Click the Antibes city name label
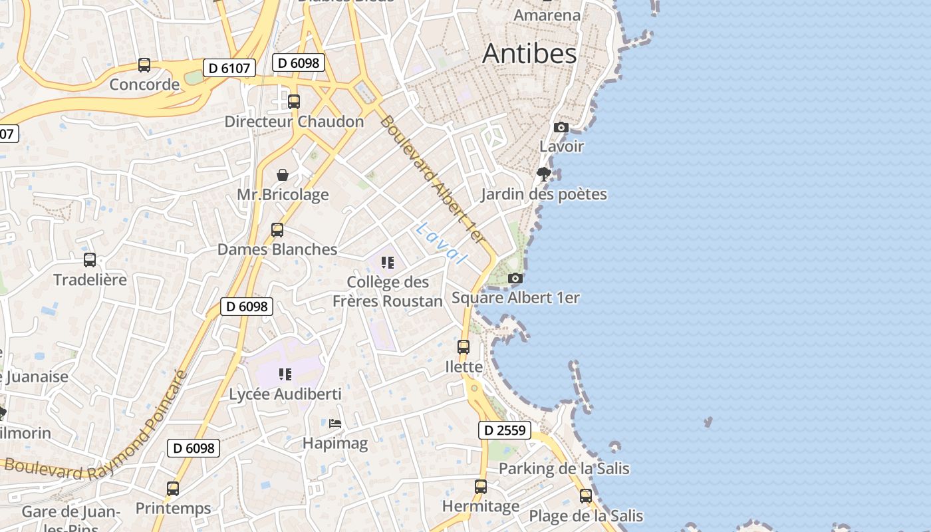coord(529,53)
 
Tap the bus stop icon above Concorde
coord(144,65)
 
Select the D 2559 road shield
coord(505,430)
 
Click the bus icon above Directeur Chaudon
coord(294,102)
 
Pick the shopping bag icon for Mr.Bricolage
coord(283,175)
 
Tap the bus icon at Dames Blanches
coord(277,230)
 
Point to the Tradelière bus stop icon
coord(90,260)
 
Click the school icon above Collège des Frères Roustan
coord(388,263)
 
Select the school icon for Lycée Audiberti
coord(285,374)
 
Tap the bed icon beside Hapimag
coord(335,423)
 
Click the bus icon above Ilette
coord(464,347)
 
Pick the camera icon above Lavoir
coord(561,127)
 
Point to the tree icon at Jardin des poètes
coord(544,174)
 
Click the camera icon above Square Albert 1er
coord(515,278)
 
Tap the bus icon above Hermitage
coord(481,487)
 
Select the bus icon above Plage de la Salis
coord(586,496)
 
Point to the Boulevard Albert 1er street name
coord(432,180)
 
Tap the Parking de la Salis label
coord(564,469)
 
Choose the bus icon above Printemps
coord(173,489)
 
